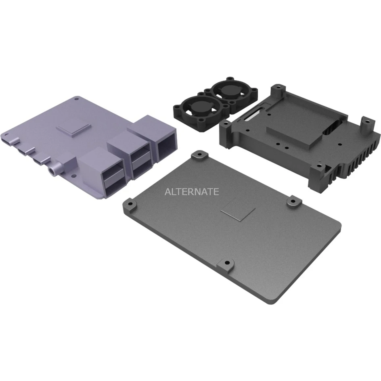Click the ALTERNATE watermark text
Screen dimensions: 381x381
tap(192, 191)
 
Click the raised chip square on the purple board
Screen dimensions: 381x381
tap(73, 129)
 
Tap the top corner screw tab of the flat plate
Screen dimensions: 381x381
tap(199, 155)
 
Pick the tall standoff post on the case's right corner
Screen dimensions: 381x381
tap(366, 126)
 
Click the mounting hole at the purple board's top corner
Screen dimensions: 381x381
tap(77, 98)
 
